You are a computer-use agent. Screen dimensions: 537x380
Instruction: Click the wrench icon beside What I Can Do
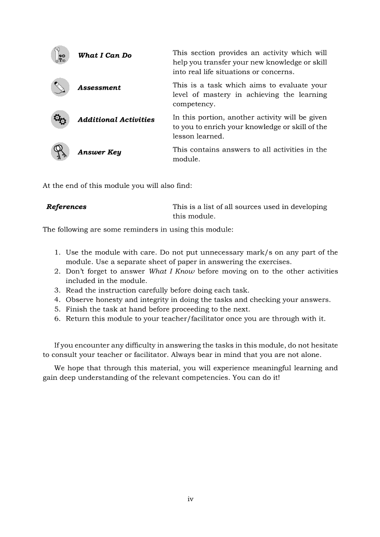point(60,55)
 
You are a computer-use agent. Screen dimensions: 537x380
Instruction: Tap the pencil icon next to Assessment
point(60,87)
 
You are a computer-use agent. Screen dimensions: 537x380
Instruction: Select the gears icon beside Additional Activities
point(60,119)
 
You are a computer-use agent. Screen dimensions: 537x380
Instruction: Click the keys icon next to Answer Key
point(60,152)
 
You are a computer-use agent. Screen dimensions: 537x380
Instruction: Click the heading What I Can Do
point(105,56)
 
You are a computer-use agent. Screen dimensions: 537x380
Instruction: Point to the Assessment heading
point(99,88)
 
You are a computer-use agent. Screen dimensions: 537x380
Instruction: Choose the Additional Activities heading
point(116,120)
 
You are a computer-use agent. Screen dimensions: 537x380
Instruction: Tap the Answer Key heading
point(99,152)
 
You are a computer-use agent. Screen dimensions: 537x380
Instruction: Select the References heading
point(67,207)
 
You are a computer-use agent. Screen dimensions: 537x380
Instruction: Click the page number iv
point(190,499)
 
